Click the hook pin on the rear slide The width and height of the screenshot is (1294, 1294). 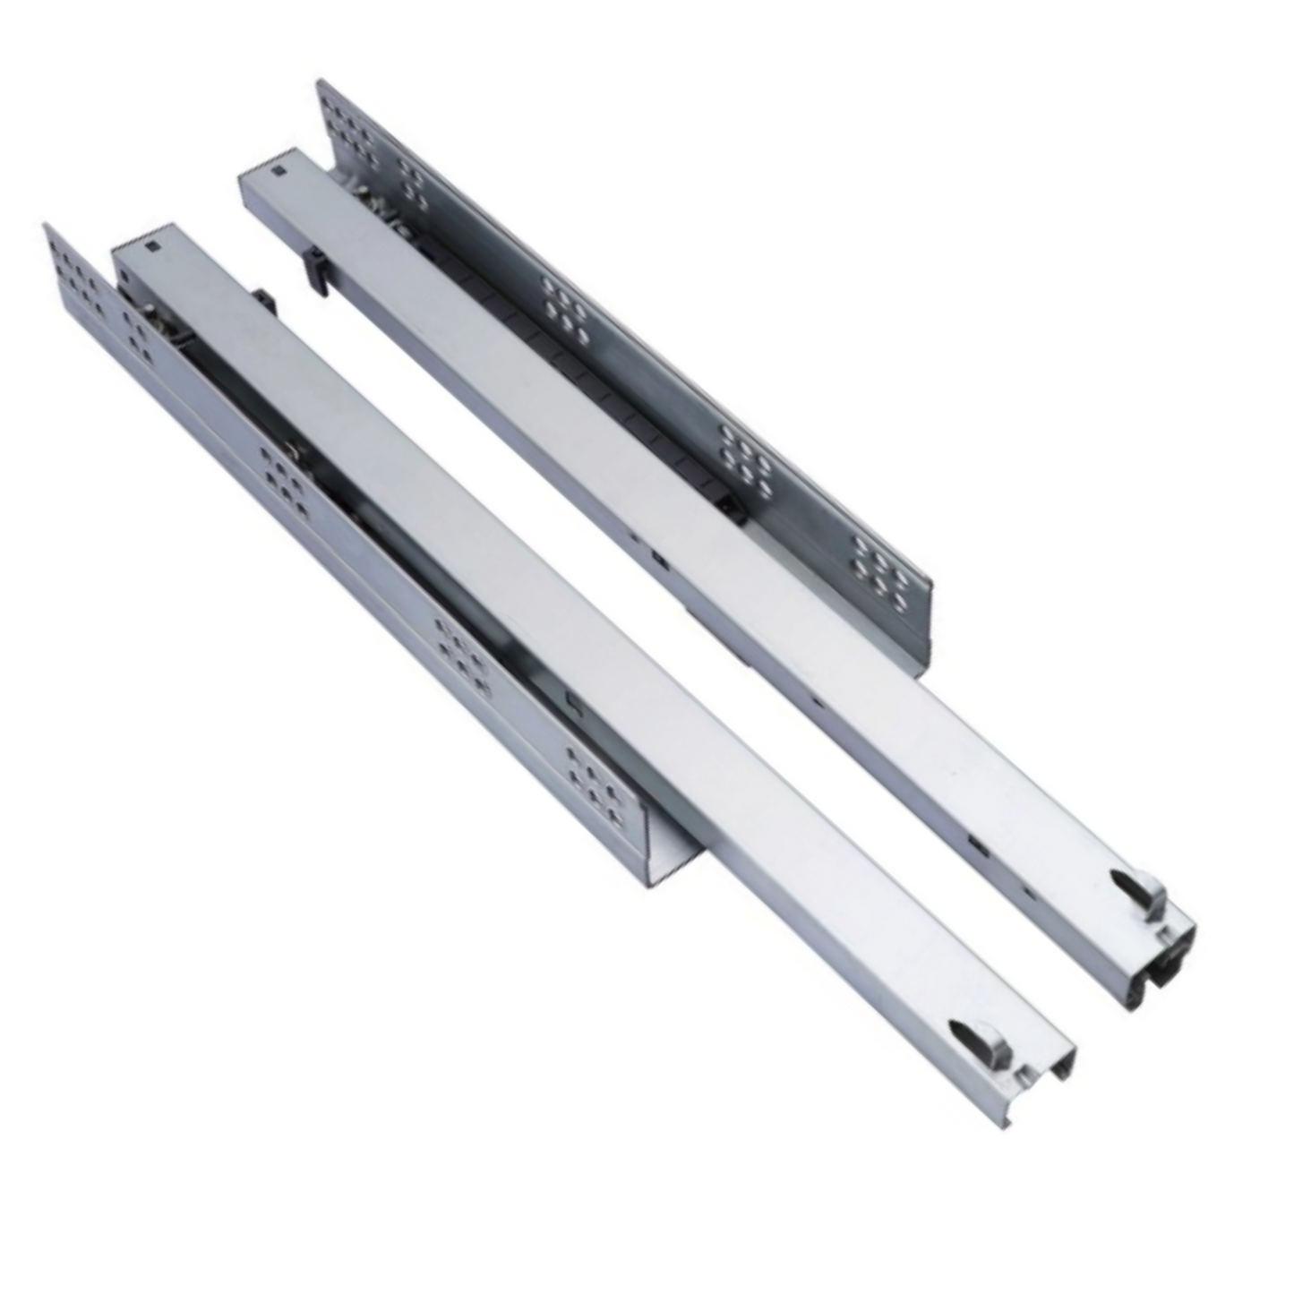pos(1135,887)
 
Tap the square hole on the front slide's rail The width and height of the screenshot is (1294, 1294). pos(150,245)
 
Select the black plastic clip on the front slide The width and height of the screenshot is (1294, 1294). pos(264,301)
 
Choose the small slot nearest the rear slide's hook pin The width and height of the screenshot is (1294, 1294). pos(977,843)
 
